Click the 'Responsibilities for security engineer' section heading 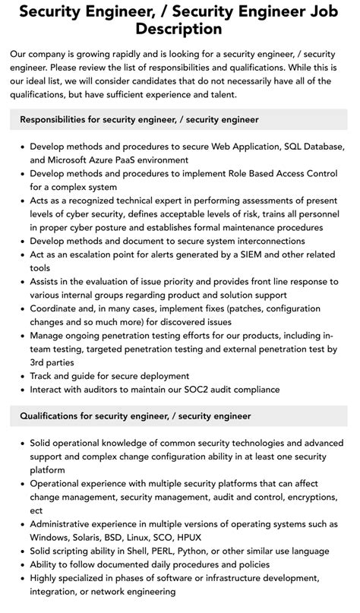[x=139, y=119]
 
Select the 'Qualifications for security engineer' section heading [x=135, y=416]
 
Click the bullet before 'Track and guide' [x=22, y=376]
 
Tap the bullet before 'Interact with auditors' [x=22, y=390]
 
